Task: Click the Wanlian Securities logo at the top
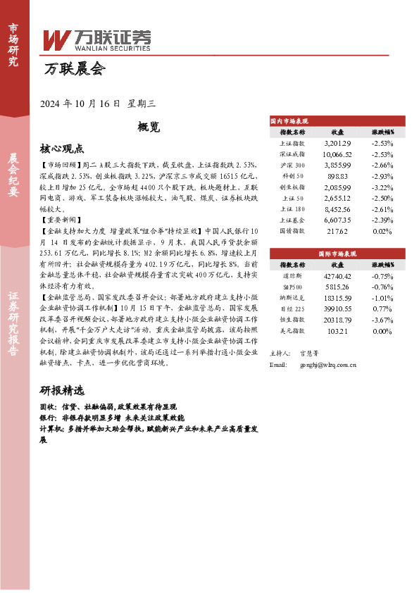click(97, 39)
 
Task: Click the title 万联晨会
click(73, 69)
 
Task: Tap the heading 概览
click(149, 127)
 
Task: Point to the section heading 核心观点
click(62, 149)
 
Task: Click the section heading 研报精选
click(62, 390)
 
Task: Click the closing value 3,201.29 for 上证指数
click(337, 143)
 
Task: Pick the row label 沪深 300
click(292, 163)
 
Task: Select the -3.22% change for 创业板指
click(382, 187)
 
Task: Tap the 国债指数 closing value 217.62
click(337, 230)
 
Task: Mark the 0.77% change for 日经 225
click(382, 308)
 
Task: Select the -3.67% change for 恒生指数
click(382, 319)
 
